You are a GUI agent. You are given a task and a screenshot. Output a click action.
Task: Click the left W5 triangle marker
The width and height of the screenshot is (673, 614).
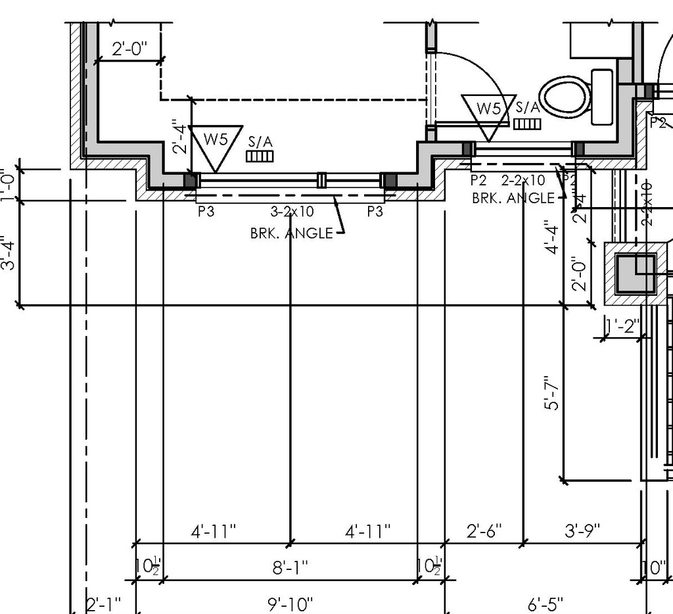click(x=216, y=144)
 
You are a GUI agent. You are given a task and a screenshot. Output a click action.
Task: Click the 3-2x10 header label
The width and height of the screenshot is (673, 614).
click(x=292, y=212)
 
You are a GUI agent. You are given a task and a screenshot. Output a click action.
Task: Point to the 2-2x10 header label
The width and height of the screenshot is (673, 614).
click(x=522, y=180)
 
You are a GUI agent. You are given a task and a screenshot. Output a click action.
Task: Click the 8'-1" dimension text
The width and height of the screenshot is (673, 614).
click(x=290, y=567)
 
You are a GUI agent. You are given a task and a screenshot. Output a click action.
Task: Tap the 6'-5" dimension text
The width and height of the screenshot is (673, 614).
click(x=545, y=603)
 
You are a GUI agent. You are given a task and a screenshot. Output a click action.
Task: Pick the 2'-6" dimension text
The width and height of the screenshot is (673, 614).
click(x=484, y=530)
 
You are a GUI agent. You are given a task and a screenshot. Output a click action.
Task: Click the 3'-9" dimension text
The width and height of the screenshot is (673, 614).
click(x=582, y=530)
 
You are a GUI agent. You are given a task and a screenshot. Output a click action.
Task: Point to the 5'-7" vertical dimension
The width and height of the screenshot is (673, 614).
click(x=553, y=392)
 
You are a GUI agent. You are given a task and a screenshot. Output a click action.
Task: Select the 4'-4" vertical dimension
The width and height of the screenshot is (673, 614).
click(x=552, y=239)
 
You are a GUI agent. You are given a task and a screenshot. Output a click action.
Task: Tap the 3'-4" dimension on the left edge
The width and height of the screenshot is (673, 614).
click(x=9, y=253)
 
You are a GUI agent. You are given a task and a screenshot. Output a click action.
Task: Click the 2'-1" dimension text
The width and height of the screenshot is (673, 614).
click(x=103, y=603)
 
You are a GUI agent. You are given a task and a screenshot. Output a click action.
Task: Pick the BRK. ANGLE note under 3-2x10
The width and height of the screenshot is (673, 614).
click(x=291, y=233)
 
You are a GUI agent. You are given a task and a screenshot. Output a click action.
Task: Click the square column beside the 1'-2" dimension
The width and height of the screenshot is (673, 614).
click(x=636, y=273)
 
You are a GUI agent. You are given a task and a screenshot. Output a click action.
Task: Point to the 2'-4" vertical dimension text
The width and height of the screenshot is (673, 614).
click(x=178, y=136)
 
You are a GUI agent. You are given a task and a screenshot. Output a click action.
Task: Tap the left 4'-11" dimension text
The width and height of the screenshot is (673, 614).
click(x=213, y=530)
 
